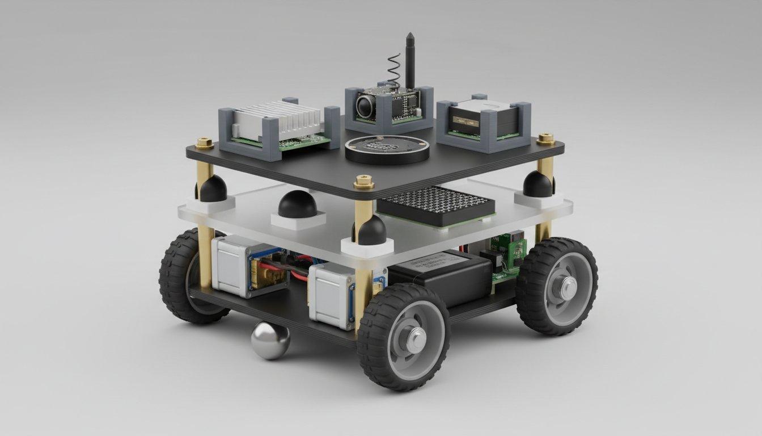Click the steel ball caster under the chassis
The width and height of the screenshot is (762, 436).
click(x=270, y=341)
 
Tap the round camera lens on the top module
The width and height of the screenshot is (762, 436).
click(x=365, y=105)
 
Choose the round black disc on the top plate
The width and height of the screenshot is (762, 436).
click(x=387, y=149)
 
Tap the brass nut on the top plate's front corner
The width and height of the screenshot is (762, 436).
click(x=363, y=182)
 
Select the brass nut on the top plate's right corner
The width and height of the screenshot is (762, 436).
click(x=545, y=139)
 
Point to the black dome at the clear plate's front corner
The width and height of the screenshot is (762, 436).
click(x=371, y=231)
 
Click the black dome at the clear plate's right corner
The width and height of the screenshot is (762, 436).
click(x=537, y=185)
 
